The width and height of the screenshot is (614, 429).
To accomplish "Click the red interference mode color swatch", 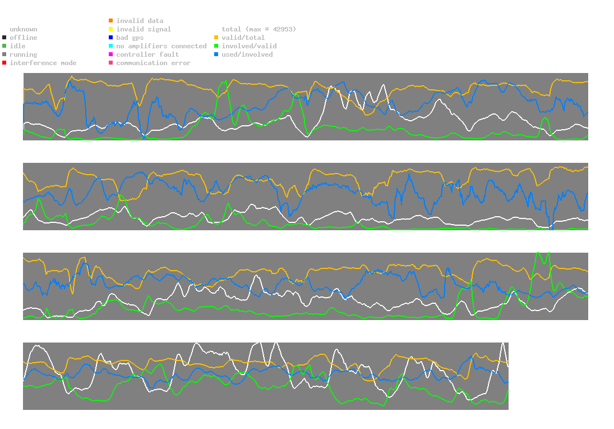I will click(x=4, y=63).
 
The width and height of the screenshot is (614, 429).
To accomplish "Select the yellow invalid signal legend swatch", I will click(x=111, y=29).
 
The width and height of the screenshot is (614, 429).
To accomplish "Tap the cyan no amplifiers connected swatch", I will click(x=111, y=46).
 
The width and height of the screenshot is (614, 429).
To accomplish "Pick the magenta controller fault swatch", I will click(x=111, y=54).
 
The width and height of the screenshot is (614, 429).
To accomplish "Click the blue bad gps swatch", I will click(x=111, y=38).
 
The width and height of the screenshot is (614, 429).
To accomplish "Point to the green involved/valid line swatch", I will click(x=216, y=46).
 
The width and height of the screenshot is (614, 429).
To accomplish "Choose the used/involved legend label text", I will click(x=247, y=54).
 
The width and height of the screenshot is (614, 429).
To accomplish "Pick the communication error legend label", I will click(x=153, y=63).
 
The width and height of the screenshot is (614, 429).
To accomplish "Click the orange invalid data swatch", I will click(x=111, y=21).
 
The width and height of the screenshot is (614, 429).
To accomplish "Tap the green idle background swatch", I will click(x=4, y=46).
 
